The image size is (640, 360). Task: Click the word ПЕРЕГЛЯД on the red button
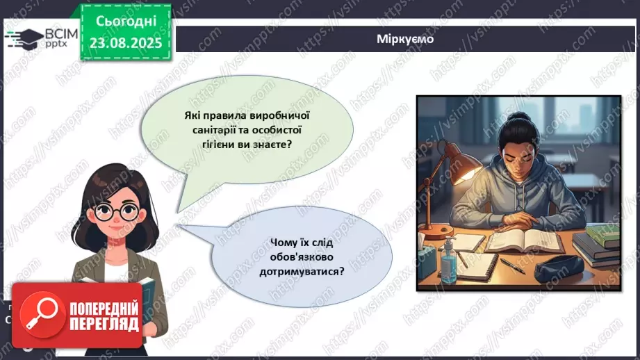click(x=104, y=325)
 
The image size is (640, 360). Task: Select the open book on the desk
click(x=524, y=240)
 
